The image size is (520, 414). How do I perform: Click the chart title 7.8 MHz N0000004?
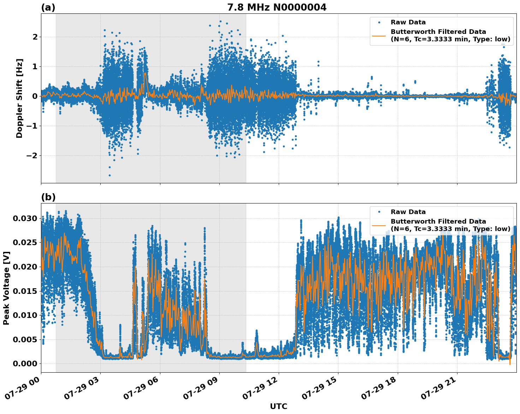[277, 7]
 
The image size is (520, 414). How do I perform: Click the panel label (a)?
[48, 7]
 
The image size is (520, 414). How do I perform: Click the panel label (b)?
[48, 197]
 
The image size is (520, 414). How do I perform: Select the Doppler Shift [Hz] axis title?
[19, 98]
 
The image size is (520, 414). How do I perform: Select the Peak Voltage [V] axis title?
[6, 288]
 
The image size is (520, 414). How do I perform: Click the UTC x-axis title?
[278, 406]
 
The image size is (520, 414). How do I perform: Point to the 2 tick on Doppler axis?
[35, 37]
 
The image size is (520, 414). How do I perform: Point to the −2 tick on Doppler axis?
[32, 155]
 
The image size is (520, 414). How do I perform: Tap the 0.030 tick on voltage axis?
[25, 218]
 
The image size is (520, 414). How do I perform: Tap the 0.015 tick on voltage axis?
[25, 291]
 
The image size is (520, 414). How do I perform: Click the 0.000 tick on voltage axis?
[25, 363]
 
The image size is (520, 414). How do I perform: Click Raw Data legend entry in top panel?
[408, 22]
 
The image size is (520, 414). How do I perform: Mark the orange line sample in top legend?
[379, 35]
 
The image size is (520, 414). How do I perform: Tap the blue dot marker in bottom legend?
[379, 212]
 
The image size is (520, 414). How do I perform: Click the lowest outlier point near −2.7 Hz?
[110, 175]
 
